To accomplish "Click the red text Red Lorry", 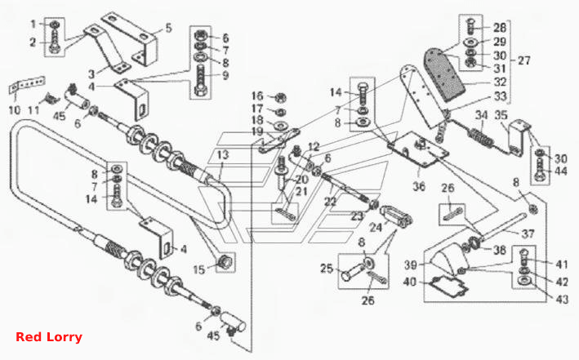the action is point(49,337).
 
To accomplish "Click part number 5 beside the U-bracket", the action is point(168,28).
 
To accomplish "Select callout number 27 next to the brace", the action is point(523,60).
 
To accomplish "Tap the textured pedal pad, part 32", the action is point(443,75).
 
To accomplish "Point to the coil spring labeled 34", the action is point(481,136).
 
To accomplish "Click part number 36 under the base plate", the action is point(419,186).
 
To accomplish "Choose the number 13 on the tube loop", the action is point(223,155).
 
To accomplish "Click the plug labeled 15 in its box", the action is point(225,262).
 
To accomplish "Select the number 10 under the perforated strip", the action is point(15,110).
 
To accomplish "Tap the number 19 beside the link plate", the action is point(257,131).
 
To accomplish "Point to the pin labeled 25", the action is point(354,272).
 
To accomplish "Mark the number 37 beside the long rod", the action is point(528,233).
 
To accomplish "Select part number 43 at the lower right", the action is point(562,299).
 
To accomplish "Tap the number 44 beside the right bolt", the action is point(560,171).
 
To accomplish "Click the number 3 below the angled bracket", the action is point(91,74).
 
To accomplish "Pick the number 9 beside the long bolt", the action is point(225,76).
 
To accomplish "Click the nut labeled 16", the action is point(281,98).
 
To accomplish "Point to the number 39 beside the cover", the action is point(411,264).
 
